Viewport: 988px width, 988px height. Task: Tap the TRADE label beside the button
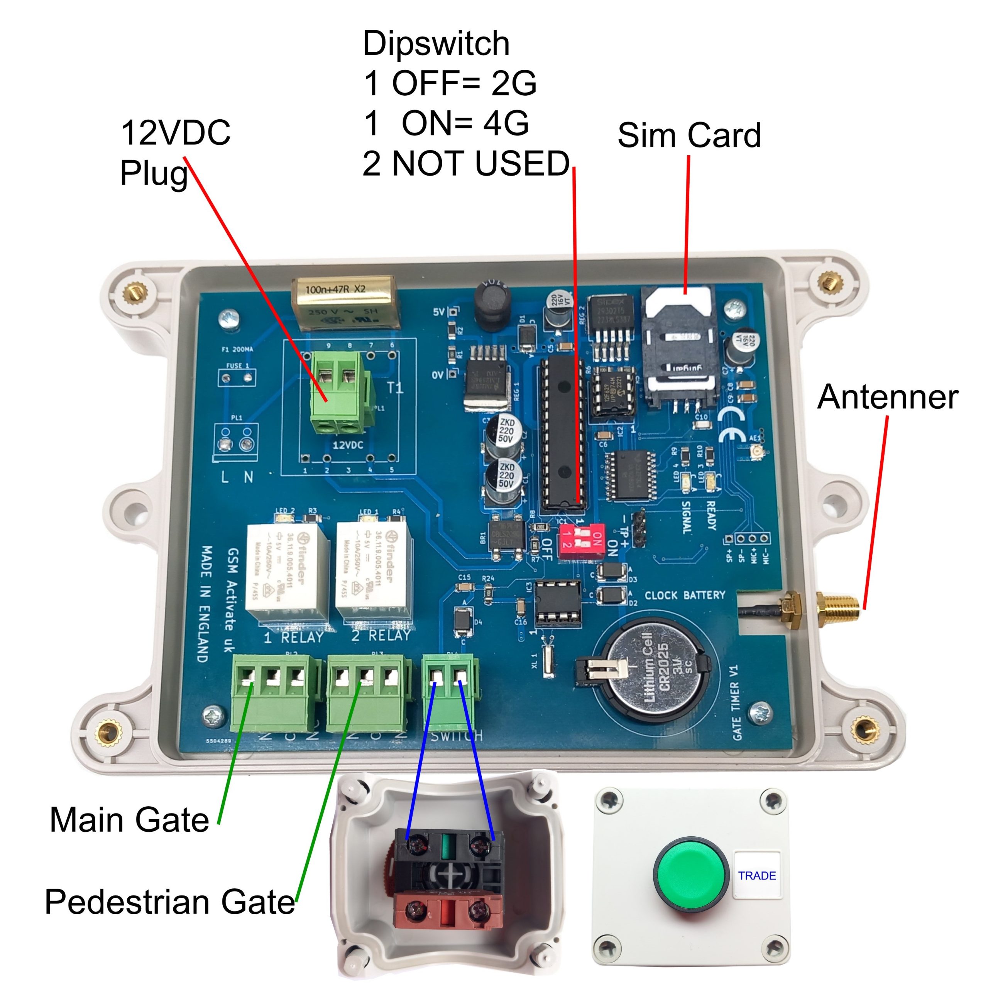click(x=757, y=875)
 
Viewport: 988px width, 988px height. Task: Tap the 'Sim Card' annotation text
click(x=689, y=135)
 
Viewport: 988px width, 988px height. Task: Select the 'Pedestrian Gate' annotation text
click(x=170, y=901)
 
